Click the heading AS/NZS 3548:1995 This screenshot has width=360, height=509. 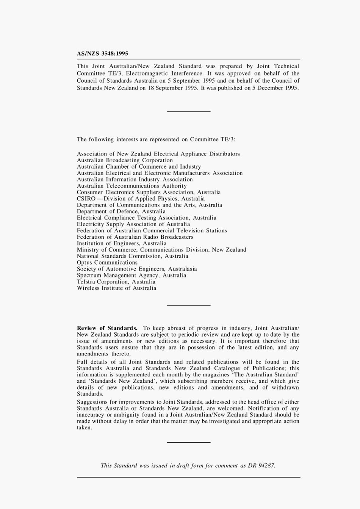point(102,54)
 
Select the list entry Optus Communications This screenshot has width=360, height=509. point(107,262)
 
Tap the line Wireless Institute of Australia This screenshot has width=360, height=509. point(116,288)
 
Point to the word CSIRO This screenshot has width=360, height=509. point(86,199)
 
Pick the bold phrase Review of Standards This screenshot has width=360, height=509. point(107,328)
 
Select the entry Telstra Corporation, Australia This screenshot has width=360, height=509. point(116,282)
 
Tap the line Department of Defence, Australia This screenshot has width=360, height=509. point(121,211)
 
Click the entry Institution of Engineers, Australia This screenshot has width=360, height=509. point(122,243)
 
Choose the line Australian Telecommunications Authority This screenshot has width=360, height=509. point(132,186)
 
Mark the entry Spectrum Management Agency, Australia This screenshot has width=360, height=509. point(131,275)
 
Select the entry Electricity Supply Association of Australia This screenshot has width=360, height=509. point(133,224)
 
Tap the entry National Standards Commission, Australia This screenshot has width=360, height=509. point(133,256)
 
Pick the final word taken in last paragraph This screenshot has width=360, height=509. point(84,428)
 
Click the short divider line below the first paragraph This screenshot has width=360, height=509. point(188,111)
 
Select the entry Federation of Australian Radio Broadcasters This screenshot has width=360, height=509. point(135,237)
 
